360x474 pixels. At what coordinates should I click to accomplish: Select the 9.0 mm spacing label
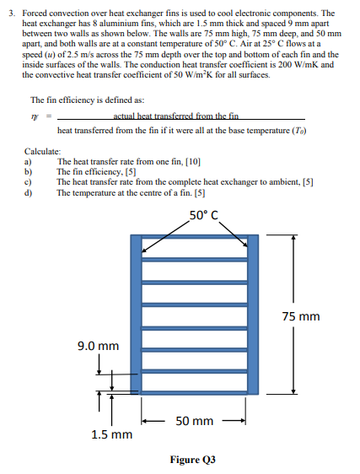99,345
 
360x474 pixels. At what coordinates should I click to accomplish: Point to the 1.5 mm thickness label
111,434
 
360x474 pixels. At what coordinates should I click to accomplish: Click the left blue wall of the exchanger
135,312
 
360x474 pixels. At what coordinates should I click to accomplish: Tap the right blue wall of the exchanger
253,312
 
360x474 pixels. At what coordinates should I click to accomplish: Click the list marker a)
28,160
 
